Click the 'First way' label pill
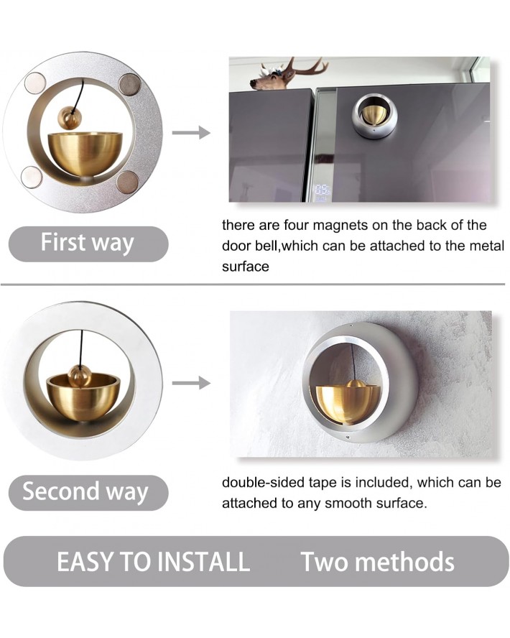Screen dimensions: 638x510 (88, 243)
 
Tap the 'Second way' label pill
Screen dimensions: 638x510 (87, 492)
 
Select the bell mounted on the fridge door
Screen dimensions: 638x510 (374, 116)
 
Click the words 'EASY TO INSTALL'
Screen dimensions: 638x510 (153, 561)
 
